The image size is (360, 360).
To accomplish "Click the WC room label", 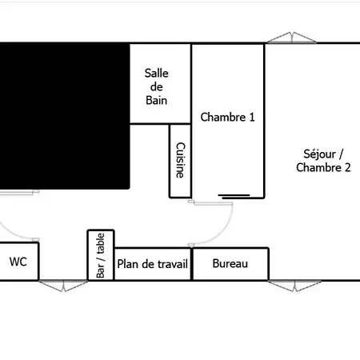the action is [x=18, y=262].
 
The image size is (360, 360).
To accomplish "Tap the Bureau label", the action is [x=230, y=263].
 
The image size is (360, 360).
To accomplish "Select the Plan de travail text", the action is [x=153, y=264].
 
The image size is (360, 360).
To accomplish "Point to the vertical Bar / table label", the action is [x=101, y=255].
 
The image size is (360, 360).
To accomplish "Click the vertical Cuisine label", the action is [x=180, y=160].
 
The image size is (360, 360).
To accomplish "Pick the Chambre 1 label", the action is [x=227, y=117].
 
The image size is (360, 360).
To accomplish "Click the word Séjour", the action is [x=319, y=154].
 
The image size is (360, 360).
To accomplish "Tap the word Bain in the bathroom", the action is [x=157, y=100].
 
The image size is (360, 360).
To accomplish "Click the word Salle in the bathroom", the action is [x=157, y=73].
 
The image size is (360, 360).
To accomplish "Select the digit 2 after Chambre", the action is [x=348, y=168].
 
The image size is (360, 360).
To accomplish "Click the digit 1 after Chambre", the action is [x=252, y=118].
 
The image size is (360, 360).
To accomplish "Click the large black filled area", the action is [x=65, y=116].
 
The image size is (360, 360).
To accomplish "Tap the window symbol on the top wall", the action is [x=292, y=38].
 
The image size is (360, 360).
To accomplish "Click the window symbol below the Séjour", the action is [x=294, y=286].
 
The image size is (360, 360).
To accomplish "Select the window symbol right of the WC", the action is [x=63, y=286].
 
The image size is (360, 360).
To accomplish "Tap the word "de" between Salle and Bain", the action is [x=157, y=86].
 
